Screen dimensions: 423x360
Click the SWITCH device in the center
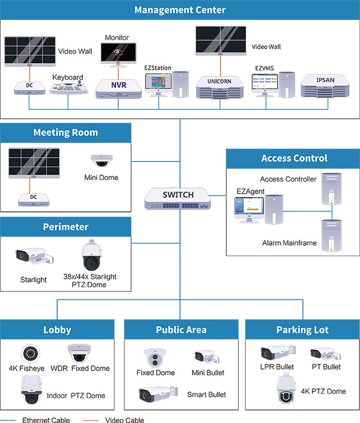178,198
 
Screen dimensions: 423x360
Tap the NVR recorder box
119,87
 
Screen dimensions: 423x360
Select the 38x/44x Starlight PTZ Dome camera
90,255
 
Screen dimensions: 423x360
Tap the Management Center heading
180,10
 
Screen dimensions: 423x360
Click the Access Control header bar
294,158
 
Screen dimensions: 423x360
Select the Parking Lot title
302,329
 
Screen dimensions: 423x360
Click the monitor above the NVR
119,54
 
